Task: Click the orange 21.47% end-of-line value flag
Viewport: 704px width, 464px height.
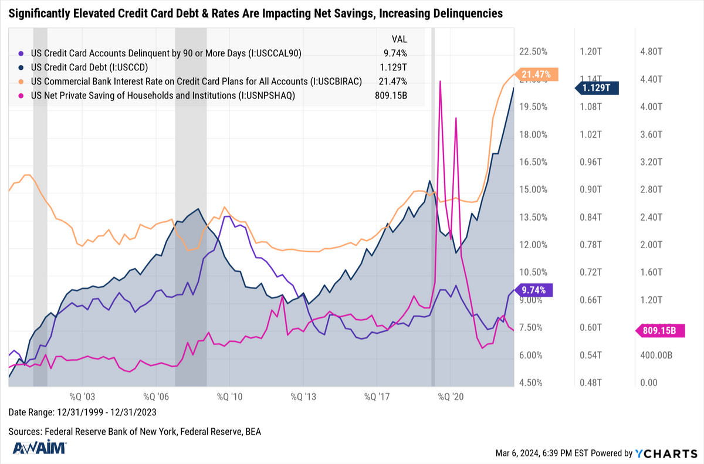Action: [537, 74]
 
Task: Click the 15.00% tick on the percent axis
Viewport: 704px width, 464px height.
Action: [533, 190]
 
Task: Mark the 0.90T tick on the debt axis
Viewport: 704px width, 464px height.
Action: [591, 190]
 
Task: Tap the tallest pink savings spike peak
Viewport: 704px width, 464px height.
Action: [439, 82]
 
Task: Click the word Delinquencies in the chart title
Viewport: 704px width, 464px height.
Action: [465, 13]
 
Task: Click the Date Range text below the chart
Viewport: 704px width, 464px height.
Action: [82, 412]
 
